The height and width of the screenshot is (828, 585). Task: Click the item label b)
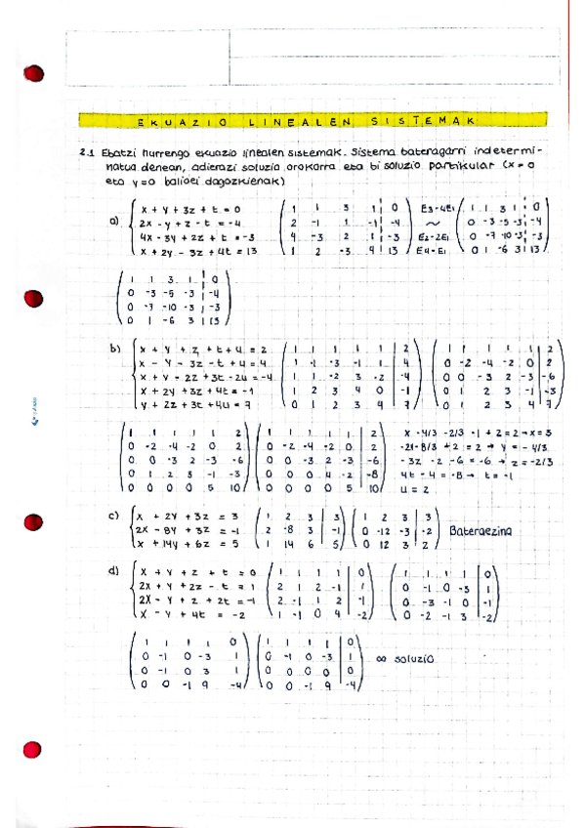point(114,348)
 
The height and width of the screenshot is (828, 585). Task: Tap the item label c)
point(114,515)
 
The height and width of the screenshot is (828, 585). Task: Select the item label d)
point(114,569)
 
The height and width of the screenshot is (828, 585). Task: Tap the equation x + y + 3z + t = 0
point(189,208)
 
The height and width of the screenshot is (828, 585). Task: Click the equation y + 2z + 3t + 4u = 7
point(193,404)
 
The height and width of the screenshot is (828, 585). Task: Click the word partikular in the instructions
point(470,166)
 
